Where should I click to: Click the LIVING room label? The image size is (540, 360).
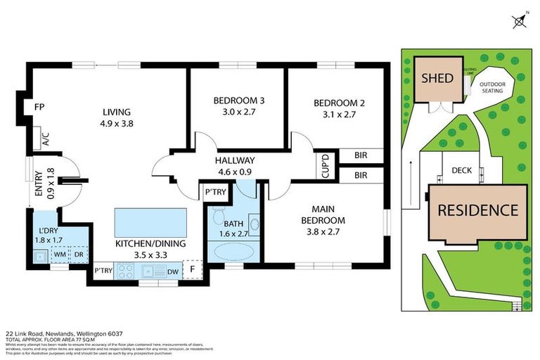point(117,112)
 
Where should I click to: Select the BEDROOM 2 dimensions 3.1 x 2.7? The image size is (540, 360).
point(339,115)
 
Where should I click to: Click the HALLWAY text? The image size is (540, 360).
point(236,160)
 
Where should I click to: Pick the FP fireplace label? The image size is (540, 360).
point(39,107)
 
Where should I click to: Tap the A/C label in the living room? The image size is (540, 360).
point(46,139)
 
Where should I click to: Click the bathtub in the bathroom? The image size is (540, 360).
point(231,251)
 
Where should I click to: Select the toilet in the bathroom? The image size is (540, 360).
point(219,213)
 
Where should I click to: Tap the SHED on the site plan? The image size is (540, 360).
point(437,77)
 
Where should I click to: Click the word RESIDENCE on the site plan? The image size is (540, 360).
point(477,210)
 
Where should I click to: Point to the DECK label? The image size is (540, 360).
point(461,170)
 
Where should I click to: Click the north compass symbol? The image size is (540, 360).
point(520,22)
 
